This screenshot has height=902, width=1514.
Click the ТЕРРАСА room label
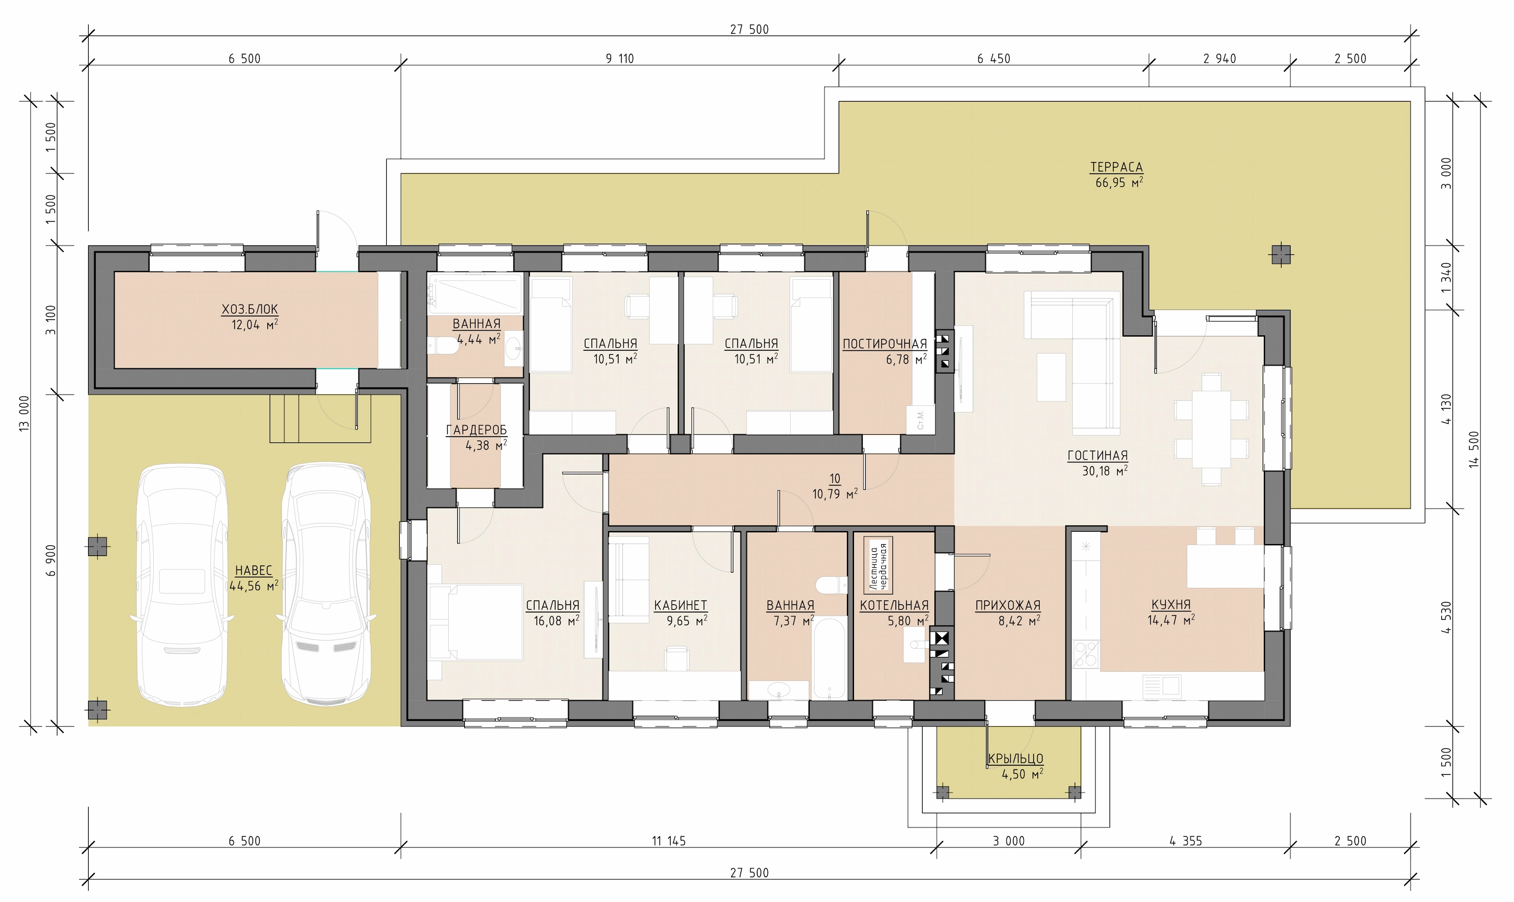click(x=1116, y=167)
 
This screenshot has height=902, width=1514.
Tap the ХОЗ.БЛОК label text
click(x=250, y=309)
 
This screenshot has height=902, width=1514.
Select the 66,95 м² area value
click(x=1119, y=182)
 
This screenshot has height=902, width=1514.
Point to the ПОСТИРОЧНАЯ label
click(x=885, y=344)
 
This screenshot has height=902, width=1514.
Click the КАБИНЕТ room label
click(x=681, y=606)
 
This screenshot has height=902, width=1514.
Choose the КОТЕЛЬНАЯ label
click(x=894, y=606)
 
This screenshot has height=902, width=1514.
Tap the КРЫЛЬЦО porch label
click(x=1016, y=758)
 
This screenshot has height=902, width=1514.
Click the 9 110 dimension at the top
click(x=620, y=59)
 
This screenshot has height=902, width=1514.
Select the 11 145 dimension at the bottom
click(x=669, y=841)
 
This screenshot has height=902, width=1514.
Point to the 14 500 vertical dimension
click(x=1474, y=450)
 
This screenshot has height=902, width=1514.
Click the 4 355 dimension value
click(x=1186, y=841)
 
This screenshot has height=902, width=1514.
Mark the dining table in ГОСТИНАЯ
click(x=1211, y=429)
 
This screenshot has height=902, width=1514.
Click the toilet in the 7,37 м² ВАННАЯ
click(x=831, y=586)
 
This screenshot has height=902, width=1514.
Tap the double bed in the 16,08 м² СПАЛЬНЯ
click(x=475, y=622)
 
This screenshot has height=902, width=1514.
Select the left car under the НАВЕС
click(x=182, y=585)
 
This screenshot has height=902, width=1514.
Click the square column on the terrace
click(x=1281, y=254)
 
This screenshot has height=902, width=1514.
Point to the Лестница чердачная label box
click(x=878, y=565)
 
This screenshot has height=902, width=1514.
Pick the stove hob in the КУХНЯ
click(x=1086, y=654)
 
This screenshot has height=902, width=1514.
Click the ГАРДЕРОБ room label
click(x=476, y=431)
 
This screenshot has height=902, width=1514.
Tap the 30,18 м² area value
click(x=1105, y=470)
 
